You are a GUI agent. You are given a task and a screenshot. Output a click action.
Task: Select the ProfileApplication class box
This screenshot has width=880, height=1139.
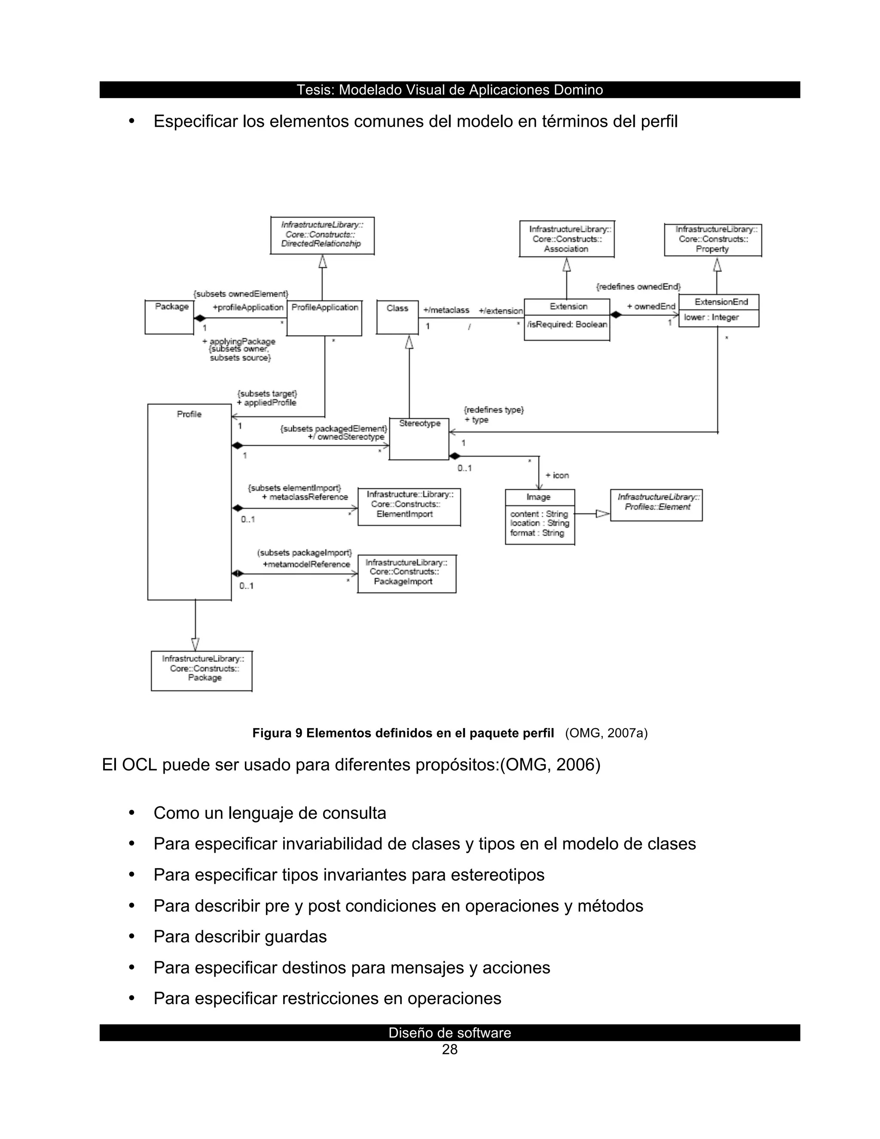(324, 318)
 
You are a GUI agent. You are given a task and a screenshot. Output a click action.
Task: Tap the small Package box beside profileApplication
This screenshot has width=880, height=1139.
(169, 317)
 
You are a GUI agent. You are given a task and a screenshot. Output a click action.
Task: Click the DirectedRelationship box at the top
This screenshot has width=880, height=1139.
(322, 235)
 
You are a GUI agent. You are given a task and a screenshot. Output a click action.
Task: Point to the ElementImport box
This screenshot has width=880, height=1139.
(409, 506)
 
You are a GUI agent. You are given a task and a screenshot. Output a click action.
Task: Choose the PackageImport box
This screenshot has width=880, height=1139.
(406, 574)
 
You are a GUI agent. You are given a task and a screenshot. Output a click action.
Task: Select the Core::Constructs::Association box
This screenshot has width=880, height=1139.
(566, 239)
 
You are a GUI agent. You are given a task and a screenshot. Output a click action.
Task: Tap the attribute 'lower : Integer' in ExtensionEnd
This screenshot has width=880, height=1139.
(711, 318)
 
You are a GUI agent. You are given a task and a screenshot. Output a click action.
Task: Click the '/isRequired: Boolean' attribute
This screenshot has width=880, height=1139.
(567, 325)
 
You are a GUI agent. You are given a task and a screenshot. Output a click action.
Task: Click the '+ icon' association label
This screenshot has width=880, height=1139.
(557, 475)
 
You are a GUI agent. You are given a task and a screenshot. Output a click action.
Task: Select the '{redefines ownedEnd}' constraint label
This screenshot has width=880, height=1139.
(638, 286)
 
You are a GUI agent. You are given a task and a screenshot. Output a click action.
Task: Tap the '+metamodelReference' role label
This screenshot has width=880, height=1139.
(306, 564)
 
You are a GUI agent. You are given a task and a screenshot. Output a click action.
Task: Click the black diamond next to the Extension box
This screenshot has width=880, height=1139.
(616, 315)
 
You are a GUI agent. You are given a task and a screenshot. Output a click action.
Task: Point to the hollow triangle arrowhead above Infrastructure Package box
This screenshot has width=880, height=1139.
(195, 644)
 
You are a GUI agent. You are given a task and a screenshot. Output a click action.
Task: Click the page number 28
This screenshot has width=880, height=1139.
(449, 1049)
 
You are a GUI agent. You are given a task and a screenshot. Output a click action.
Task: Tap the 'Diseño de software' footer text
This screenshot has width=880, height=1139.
(449, 1032)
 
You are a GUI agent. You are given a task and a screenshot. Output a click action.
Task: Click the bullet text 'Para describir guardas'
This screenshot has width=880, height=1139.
(240, 936)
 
